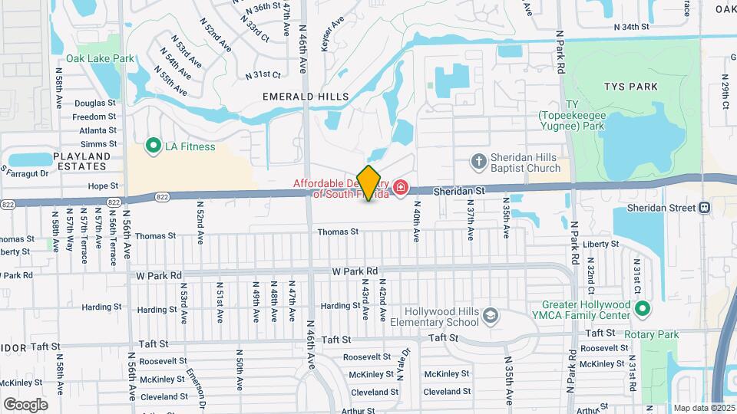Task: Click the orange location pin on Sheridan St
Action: [369, 183]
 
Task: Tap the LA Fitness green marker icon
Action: [152, 146]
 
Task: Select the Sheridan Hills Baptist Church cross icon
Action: [479, 160]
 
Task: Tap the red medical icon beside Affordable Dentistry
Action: [400, 188]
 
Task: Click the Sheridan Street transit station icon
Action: [704, 208]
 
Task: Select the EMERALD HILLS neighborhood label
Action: [305, 97]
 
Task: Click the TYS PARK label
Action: [631, 87]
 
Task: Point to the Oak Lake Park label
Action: [100, 58]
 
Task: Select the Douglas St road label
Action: [95, 103]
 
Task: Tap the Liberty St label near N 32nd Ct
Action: [601, 244]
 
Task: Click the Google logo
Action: [25, 404]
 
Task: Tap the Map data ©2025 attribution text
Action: [705, 408]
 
